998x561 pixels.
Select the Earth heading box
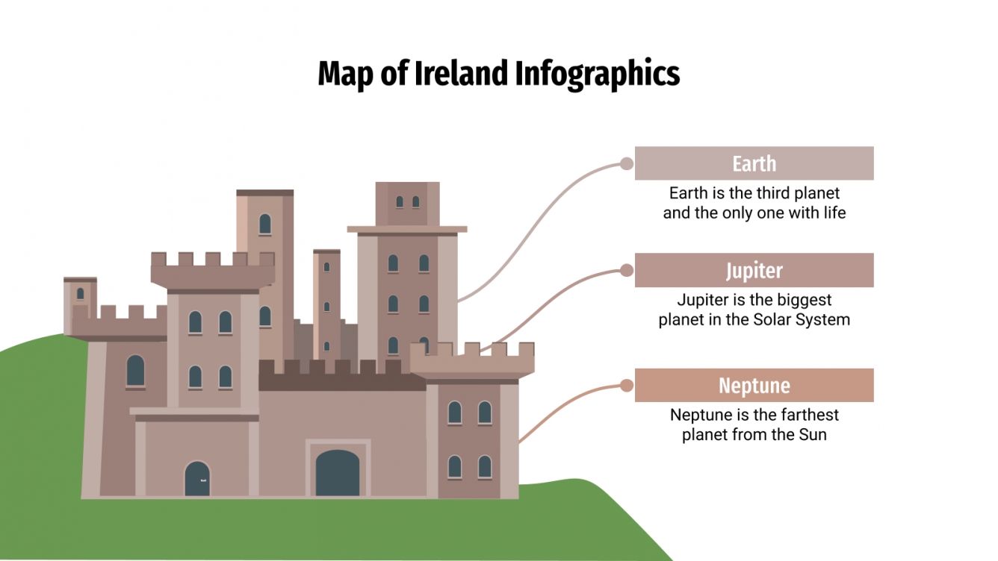754,163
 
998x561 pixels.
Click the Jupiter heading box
754,270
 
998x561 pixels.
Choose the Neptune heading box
754,385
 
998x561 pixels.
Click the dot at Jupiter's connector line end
626,270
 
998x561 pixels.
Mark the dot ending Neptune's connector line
626,386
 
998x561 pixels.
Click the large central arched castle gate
337,473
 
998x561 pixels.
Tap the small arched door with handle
197,479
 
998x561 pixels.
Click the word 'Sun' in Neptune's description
813,434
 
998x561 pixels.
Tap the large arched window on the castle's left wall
135,371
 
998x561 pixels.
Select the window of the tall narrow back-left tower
264,224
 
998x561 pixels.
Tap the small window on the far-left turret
80,294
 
